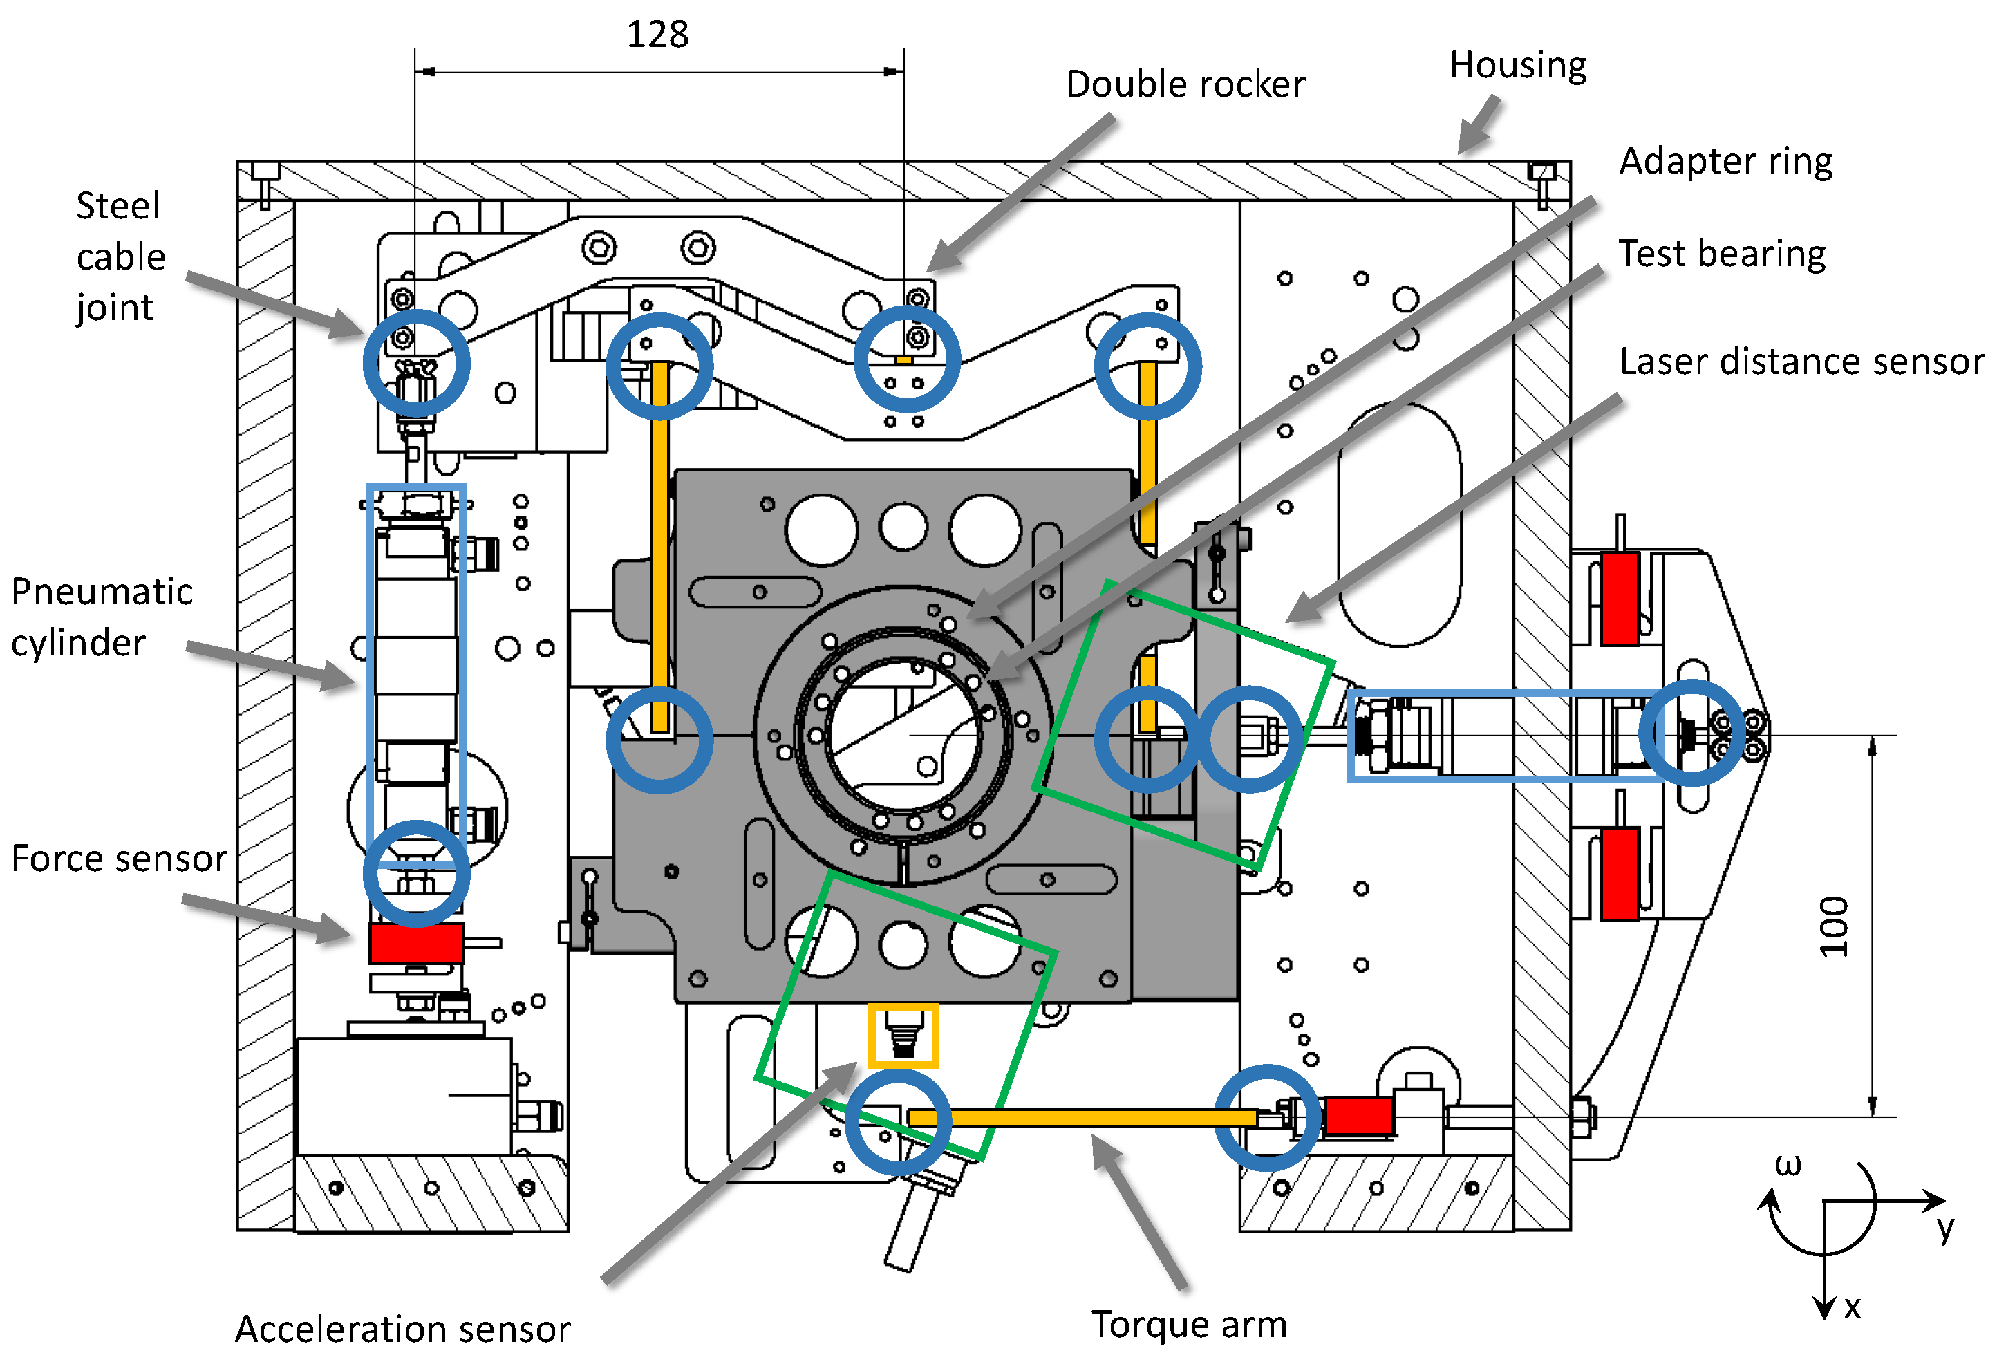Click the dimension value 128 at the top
(x=657, y=35)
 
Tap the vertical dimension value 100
(x=1833, y=926)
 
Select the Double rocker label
(x=1185, y=84)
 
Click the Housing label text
(x=1517, y=65)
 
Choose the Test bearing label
(x=1722, y=254)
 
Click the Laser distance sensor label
(x=1802, y=362)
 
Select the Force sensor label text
(x=119, y=859)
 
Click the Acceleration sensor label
(x=402, y=1329)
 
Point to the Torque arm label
(x=1189, y=1325)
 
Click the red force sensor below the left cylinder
(x=417, y=943)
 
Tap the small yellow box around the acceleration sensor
(x=902, y=1036)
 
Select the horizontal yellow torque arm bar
(x=1082, y=1117)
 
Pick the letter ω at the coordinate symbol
(x=1788, y=1165)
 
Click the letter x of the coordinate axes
(x=1853, y=1307)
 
